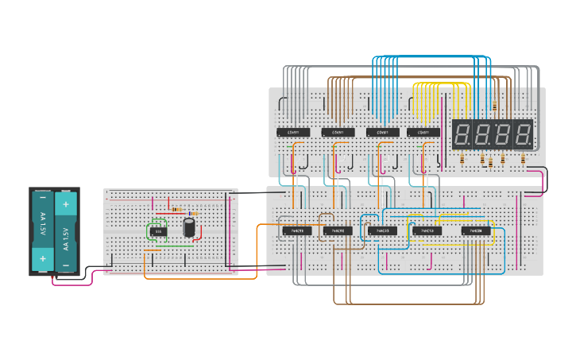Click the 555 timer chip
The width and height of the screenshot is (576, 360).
click(158, 231)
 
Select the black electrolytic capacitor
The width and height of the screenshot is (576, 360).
click(189, 227)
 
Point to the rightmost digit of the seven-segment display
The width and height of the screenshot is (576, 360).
click(522, 134)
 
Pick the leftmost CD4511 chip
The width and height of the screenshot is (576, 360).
click(292, 132)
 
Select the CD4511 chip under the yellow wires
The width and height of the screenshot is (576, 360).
click(423, 132)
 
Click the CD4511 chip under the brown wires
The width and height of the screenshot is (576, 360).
click(338, 132)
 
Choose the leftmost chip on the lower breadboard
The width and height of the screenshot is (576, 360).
click(296, 231)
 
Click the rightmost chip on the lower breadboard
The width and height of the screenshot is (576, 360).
click(476, 231)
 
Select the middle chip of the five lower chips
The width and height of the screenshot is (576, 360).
click(382, 231)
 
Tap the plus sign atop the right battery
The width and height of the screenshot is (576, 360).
click(66, 203)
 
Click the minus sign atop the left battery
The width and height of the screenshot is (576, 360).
click(43, 199)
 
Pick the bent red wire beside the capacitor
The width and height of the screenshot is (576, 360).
click(199, 231)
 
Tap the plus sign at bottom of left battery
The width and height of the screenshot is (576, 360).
click(43, 257)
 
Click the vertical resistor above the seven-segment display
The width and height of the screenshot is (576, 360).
click(495, 106)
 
